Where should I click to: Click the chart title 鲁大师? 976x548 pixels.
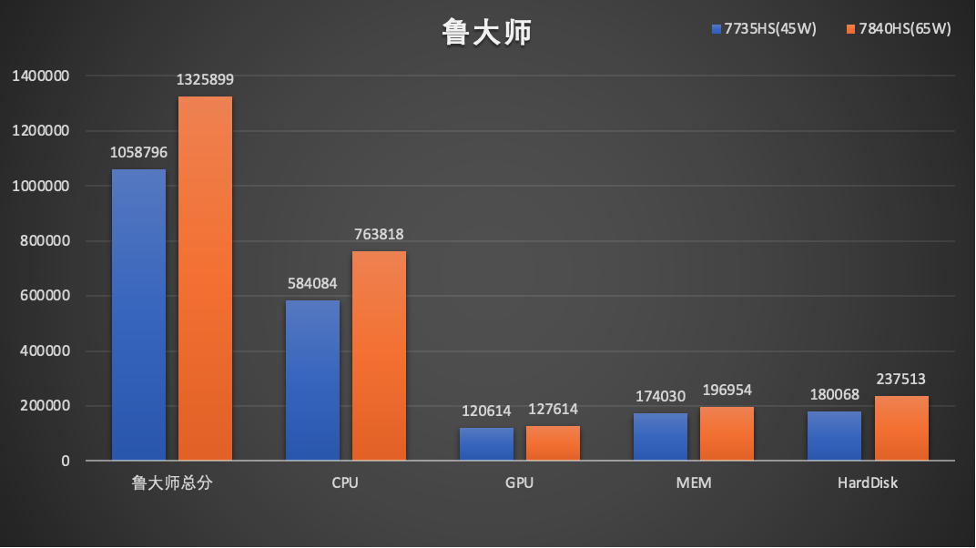pos(487,32)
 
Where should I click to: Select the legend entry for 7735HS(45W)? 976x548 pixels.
pos(764,28)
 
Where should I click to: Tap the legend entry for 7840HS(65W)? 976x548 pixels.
pos(899,28)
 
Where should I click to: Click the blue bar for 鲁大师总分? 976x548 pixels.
pos(138,315)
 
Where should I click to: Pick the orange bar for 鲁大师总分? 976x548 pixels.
pos(206,278)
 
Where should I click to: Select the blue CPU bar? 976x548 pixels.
pos(312,381)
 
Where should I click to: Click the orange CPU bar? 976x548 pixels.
pos(379,356)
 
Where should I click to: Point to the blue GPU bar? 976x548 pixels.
pos(487,444)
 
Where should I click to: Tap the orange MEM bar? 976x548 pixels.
pos(727,433)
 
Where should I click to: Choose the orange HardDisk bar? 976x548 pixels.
pos(901,428)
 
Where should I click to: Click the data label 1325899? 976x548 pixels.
pos(205,79)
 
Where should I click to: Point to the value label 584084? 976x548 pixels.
pos(312,284)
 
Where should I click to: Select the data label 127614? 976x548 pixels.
pos(553,410)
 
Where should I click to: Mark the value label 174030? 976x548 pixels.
pos(660,396)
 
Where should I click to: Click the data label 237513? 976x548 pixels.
pos(900,379)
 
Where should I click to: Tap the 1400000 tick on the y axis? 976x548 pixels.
pos(40,76)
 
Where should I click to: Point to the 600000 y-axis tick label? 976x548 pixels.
pos(45,296)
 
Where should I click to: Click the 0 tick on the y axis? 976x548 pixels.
pos(66,461)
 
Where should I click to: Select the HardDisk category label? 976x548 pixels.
pos(868,482)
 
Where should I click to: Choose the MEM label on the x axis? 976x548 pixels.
pos(694,482)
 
